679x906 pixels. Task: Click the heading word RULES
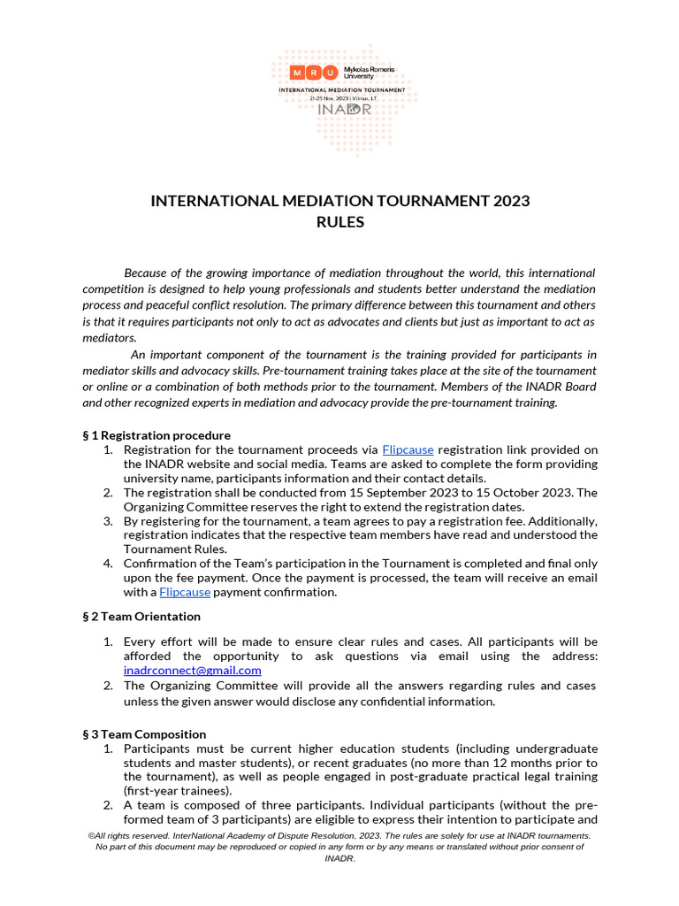340,222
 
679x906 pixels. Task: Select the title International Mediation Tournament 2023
340,201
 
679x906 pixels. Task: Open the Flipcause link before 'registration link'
408,449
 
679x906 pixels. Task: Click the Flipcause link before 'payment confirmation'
186,592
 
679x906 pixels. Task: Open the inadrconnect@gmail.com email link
193,670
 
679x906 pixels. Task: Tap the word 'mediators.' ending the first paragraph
110,337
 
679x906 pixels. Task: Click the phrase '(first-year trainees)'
178,791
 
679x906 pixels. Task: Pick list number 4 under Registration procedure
107,564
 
